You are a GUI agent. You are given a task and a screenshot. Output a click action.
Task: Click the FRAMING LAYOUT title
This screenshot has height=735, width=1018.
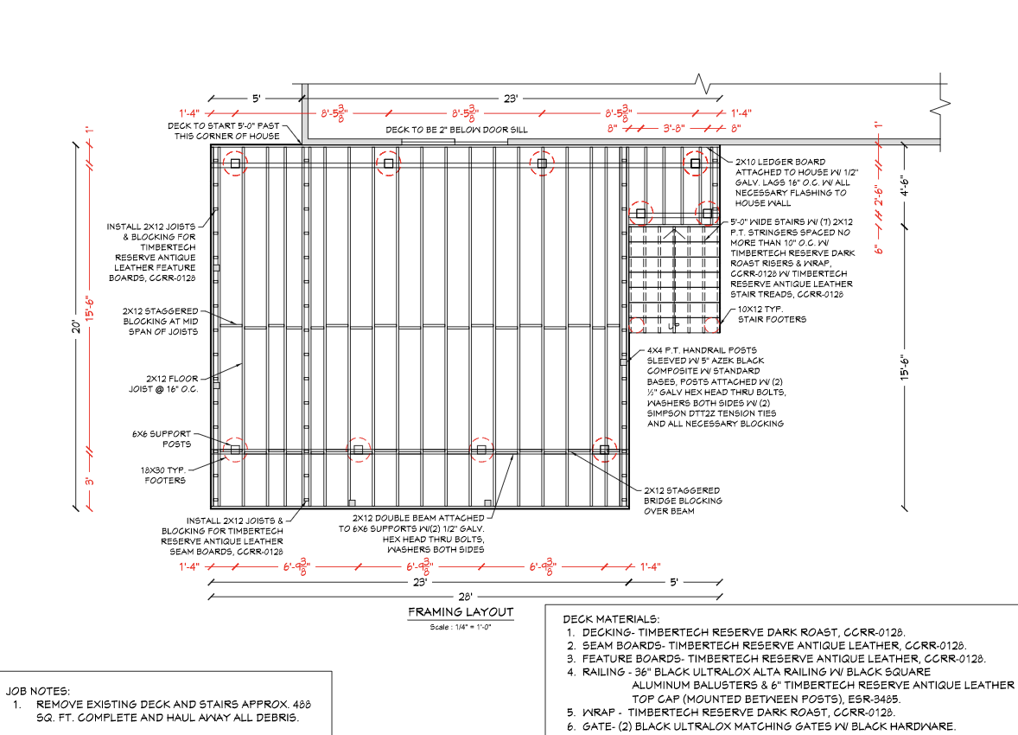point(461,612)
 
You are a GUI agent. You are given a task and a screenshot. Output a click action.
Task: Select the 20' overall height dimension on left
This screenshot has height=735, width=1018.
point(77,327)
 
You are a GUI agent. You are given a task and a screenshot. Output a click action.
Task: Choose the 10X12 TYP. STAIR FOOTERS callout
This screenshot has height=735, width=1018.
point(772,314)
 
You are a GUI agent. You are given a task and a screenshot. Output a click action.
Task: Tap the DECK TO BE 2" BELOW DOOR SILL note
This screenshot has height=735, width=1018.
point(456,130)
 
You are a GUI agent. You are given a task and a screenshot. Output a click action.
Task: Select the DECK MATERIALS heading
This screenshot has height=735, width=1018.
point(611,619)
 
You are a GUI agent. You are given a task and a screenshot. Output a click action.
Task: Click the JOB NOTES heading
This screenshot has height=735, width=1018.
point(39,691)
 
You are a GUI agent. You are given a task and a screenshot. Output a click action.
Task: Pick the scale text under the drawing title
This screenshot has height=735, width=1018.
point(461,626)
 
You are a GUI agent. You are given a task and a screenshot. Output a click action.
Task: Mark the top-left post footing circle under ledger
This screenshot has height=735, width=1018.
point(234,163)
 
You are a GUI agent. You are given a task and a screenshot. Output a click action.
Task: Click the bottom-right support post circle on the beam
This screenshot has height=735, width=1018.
point(604,449)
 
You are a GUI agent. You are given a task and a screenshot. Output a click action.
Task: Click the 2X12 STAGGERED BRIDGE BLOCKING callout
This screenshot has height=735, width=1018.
point(683,500)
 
